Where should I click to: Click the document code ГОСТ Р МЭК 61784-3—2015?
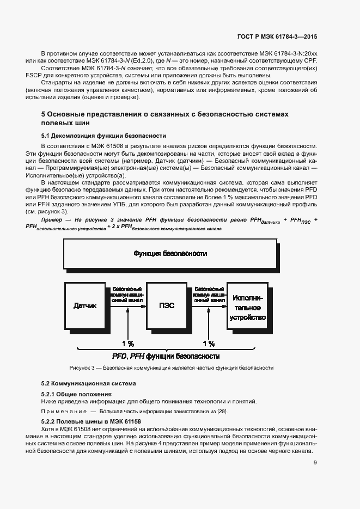278,36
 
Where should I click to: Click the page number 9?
315,464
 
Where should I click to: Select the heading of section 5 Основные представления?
164,119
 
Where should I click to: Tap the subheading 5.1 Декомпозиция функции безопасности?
103,136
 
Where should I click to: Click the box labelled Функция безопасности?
170,254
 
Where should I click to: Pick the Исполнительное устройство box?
247,308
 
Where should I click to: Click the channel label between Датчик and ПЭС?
127,293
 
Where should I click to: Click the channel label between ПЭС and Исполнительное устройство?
209,293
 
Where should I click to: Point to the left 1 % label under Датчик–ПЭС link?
127,344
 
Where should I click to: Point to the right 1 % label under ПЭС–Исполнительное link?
209,344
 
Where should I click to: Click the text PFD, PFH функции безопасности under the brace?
166,357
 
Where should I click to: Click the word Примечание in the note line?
64,411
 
